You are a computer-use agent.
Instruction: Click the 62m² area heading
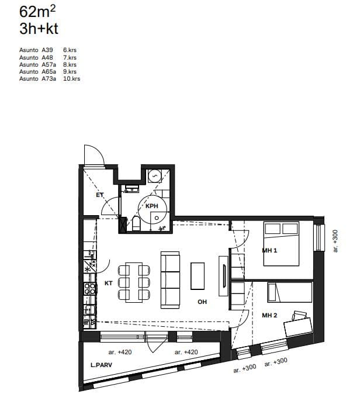coord(37,12)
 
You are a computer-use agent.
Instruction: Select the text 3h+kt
coord(39,29)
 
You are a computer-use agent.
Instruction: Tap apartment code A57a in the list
coord(49,64)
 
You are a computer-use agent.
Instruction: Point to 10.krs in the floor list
coord(72,79)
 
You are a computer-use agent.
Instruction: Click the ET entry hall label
coord(100,195)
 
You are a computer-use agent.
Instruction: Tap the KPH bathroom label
coord(152,206)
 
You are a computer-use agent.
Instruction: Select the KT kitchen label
coord(109,283)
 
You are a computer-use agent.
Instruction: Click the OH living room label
coord(202,302)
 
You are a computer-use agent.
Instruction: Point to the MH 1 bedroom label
coord(269,250)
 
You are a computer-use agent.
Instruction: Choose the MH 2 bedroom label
coord(269,315)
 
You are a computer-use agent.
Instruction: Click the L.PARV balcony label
coord(101,365)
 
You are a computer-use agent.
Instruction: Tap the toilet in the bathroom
coord(136,223)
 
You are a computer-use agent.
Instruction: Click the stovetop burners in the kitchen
coord(90,289)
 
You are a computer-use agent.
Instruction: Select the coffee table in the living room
coord(198,276)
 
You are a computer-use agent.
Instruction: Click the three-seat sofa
coord(170,280)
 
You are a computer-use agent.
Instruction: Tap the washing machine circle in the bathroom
coord(154,176)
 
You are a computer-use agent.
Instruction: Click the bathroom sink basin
coord(132,189)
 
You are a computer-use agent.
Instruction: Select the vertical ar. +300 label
coord(335,241)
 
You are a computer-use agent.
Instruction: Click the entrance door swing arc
coord(99,151)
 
